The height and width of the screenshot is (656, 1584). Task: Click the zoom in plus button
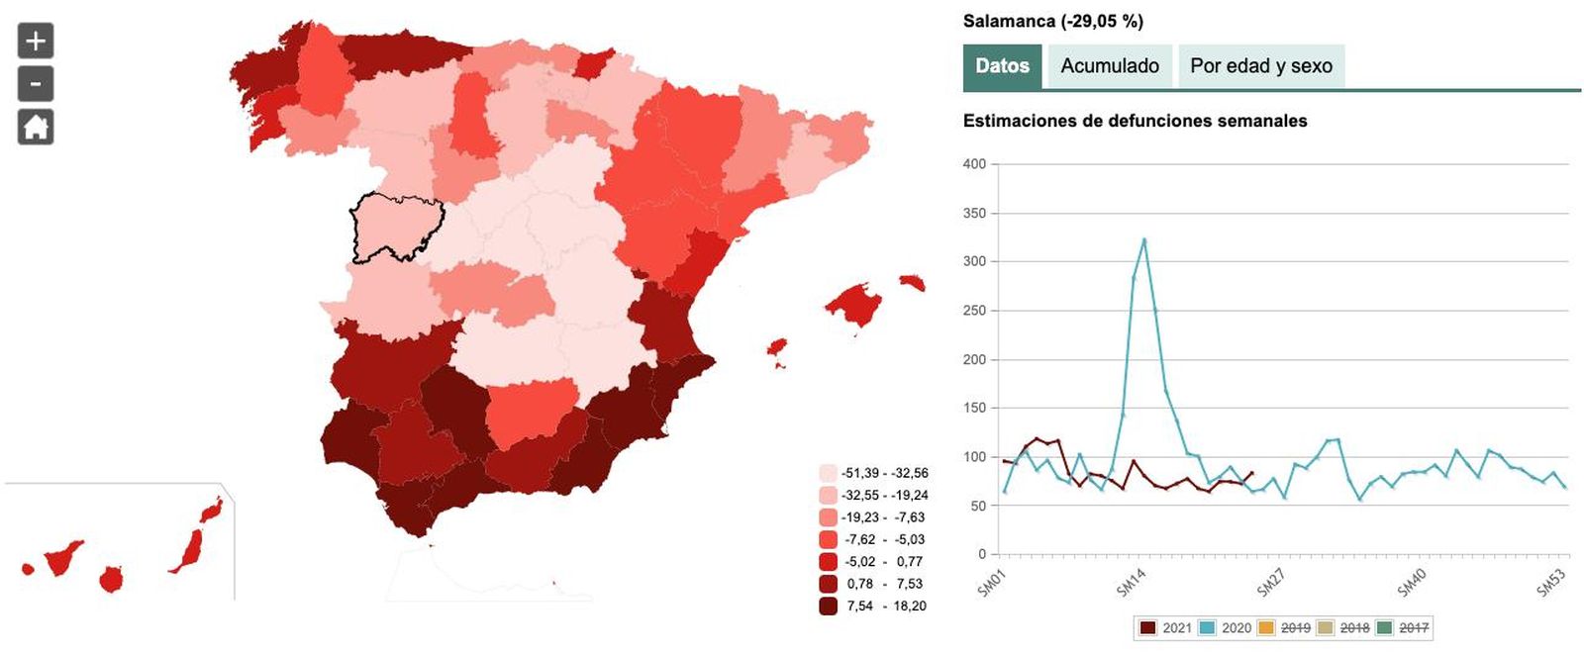click(36, 42)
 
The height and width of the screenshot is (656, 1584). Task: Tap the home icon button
click(36, 127)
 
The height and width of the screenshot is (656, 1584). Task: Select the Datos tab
click(1002, 66)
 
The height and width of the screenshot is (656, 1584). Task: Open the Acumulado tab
click(1110, 66)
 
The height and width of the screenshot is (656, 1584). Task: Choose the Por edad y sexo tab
click(1260, 66)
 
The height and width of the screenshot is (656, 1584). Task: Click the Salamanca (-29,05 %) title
click(1052, 21)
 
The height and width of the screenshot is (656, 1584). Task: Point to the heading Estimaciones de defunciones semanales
click(1135, 121)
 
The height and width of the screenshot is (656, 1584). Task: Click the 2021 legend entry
click(1166, 627)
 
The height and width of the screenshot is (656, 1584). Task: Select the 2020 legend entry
click(1226, 627)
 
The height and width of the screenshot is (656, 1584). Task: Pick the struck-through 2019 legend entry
click(1285, 627)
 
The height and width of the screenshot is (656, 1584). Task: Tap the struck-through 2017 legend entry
click(1404, 627)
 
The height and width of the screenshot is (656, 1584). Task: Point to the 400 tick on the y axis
click(974, 164)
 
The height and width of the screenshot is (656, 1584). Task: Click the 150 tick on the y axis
click(974, 408)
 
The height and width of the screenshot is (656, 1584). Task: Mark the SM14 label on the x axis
click(1131, 583)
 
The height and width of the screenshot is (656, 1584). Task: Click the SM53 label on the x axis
click(1550, 583)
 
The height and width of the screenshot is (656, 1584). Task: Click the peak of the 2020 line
click(1143, 239)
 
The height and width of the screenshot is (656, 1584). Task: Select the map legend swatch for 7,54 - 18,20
click(829, 606)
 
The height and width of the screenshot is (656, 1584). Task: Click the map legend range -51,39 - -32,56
click(884, 473)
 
